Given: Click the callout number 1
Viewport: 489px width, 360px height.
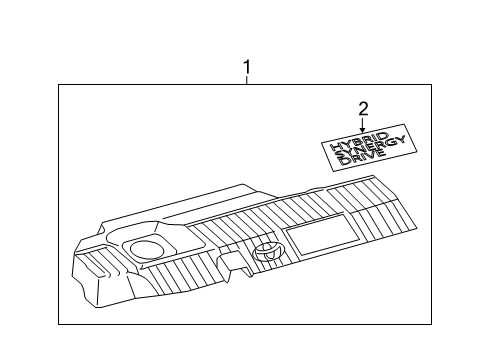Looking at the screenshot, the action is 247,68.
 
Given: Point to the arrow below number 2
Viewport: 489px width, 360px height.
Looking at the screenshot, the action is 363,124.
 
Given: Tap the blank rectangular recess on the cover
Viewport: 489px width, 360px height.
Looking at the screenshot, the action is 318,237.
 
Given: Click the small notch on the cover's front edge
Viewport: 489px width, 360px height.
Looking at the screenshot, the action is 231,266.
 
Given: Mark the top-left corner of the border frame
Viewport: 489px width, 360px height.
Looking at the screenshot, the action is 58,87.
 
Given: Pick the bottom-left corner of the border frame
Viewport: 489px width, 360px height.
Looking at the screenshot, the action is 58,324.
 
